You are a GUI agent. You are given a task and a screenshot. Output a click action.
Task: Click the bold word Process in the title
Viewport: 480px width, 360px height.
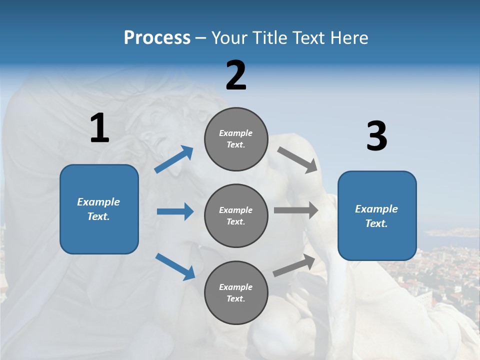click(157, 38)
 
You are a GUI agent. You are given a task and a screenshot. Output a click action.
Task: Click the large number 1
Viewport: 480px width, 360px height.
click(99, 128)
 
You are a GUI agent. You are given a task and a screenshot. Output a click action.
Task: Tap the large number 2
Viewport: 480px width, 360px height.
click(236, 75)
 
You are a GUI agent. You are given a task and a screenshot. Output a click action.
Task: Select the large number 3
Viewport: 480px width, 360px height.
click(376, 136)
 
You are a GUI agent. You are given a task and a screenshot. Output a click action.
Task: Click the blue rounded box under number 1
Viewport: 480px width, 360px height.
click(99, 209)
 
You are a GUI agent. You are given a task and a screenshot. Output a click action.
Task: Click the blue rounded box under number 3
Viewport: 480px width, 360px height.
click(377, 215)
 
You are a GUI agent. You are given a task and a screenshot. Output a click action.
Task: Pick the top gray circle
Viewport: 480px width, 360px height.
click(236, 138)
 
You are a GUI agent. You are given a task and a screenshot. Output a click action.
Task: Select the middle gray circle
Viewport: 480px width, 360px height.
click(236, 215)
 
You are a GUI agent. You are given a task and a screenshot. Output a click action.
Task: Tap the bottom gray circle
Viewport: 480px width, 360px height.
click(236, 292)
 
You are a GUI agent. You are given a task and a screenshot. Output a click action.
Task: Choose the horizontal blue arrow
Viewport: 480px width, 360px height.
click(175, 211)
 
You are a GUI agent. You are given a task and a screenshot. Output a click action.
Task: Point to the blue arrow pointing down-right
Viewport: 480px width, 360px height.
click(175, 266)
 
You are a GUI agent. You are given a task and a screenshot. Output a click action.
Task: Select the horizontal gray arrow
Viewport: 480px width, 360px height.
click(295, 210)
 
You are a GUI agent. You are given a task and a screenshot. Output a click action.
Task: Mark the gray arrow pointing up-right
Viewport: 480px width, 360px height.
click(294, 265)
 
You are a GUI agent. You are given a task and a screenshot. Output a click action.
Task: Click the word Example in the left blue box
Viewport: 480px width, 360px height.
click(98, 202)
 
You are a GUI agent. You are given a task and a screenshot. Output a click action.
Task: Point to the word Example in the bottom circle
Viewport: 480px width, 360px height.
click(236, 287)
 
